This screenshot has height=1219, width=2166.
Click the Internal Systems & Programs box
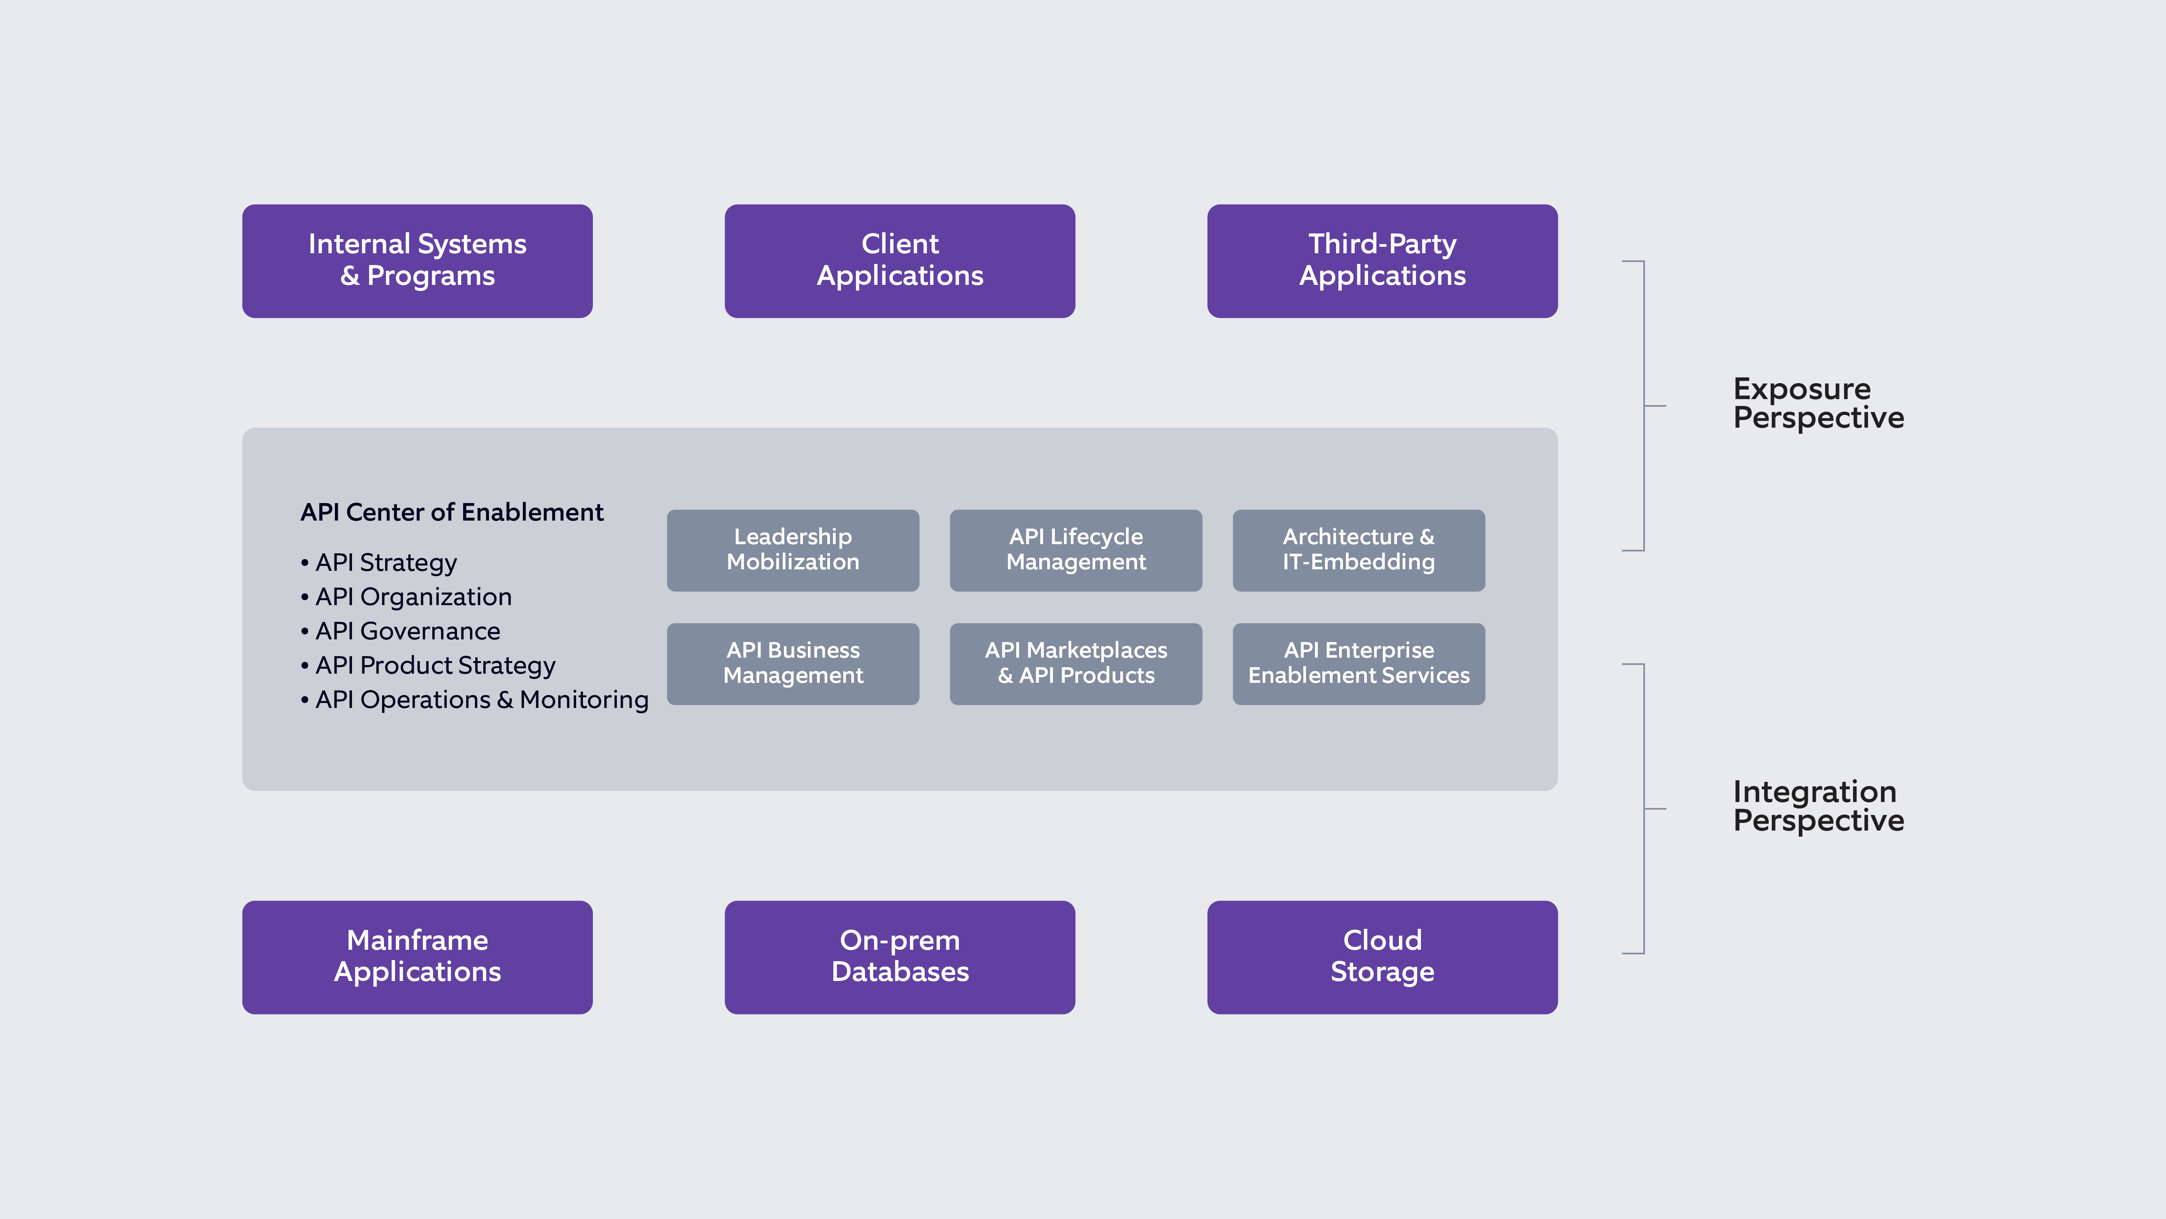417,261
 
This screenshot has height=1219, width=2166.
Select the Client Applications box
900,261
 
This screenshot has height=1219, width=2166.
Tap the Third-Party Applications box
1382,261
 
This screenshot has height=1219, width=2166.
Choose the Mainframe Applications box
417,957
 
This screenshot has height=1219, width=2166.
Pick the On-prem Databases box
900,957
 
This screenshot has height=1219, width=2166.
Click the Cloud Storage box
1382,957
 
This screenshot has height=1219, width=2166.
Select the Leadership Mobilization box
793,550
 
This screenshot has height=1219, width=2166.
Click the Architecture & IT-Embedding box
1359,550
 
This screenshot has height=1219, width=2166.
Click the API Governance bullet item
408,631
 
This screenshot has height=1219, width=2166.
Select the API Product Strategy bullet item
435,665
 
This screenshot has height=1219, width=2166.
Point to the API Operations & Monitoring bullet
481,700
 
